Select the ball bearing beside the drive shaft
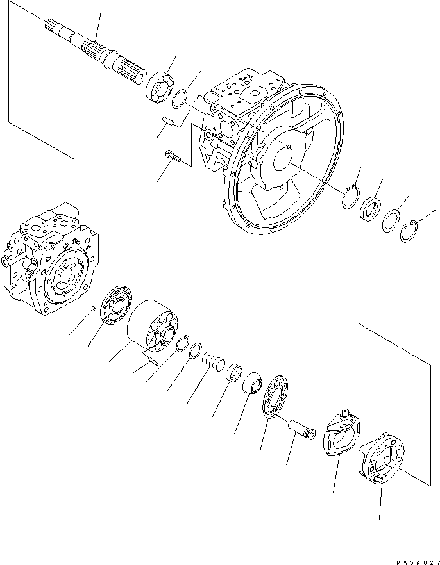[x=160, y=84]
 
